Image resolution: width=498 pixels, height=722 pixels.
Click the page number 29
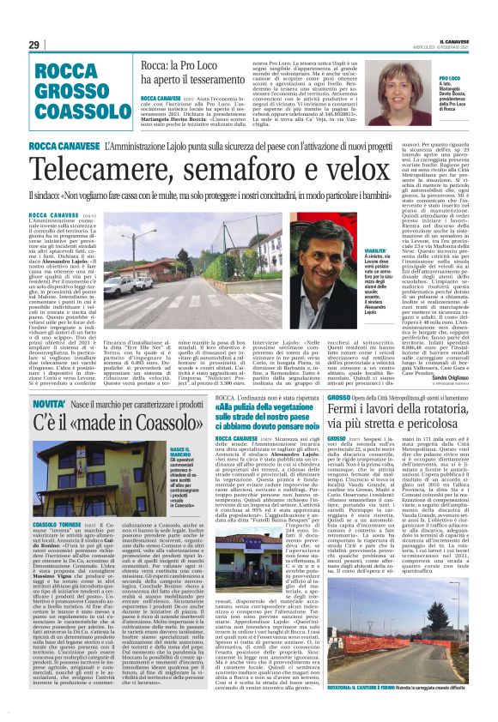coord(34,45)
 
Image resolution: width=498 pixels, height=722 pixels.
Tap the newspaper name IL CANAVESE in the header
coord(458,39)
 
